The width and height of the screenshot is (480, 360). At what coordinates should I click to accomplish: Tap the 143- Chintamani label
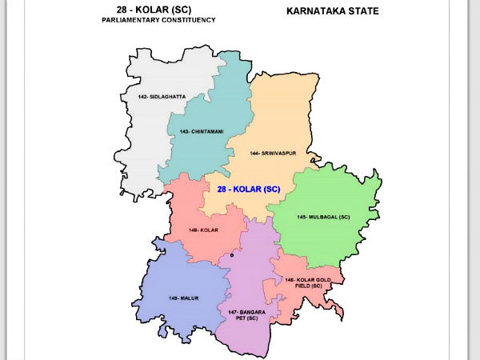pyautogui.click(x=202, y=130)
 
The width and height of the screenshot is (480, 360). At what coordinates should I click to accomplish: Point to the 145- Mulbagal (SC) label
pyautogui.click(x=323, y=217)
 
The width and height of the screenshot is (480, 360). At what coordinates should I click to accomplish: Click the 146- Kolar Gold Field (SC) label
pyautogui.click(x=303, y=283)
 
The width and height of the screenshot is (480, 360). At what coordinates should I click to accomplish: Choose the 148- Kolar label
pyautogui.click(x=204, y=230)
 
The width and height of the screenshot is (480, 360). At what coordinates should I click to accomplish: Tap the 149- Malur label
pyautogui.click(x=183, y=298)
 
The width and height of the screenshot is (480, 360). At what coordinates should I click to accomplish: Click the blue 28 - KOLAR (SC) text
pyautogui.click(x=249, y=189)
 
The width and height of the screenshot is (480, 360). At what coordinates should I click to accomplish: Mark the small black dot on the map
pyautogui.click(x=232, y=255)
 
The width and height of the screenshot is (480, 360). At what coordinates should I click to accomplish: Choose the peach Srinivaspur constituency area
pyautogui.click(x=272, y=120)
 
